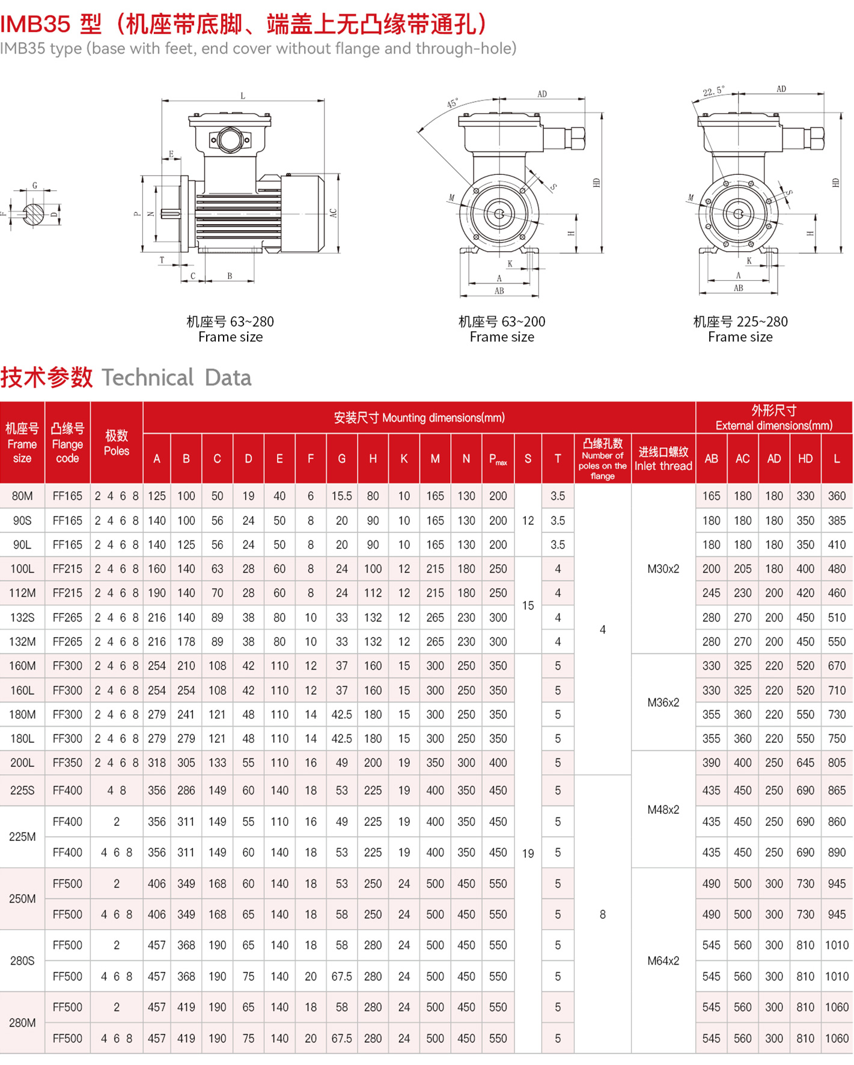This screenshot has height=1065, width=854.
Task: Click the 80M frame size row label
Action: click(22, 496)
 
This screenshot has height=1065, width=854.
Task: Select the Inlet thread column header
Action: click(663, 459)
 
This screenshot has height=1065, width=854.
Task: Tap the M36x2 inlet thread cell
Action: click(663, 702)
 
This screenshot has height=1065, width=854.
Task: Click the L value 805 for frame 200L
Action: click(836, 763)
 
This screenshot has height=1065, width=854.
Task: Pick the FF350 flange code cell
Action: click(67, 763)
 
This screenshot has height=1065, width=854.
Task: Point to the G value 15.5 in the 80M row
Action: click(341, 496)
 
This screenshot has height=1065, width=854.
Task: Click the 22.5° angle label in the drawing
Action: click(713, 91)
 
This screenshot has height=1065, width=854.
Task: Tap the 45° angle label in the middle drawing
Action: click(452, 103)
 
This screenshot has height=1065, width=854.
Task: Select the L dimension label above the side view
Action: click(243, 96)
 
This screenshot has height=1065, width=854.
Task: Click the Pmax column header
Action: click(498, 459)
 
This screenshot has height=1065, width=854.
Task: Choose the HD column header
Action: click(805, 459)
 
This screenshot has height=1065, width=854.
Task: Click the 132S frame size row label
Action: click(22, 617)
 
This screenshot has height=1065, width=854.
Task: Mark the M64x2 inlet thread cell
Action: click(663, 960)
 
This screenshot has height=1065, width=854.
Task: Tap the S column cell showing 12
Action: click(528, 520)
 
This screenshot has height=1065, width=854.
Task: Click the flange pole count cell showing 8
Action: click(602, 914)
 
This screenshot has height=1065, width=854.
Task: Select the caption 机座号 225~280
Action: click(740, 322)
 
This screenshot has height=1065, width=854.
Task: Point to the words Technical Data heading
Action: click(176, 377)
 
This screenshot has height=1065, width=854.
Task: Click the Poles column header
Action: click(117, 443)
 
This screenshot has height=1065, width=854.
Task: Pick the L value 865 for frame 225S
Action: click(836, 790)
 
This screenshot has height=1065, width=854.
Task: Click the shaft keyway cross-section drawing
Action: click(34, 213)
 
